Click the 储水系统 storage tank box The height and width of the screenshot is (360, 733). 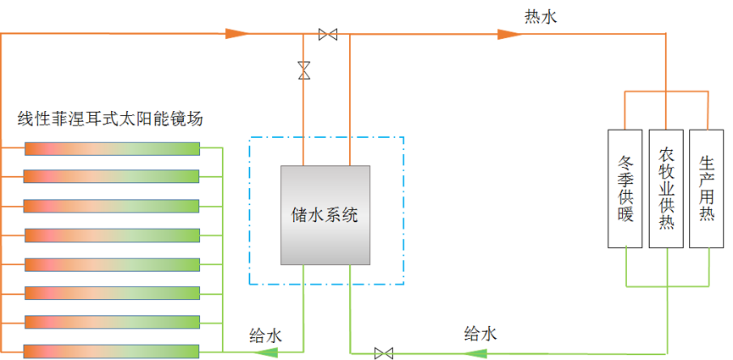[x=326, y=214]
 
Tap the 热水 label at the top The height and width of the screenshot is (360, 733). [x=541, y=16]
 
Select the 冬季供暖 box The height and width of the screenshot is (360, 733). [x=626, y=188]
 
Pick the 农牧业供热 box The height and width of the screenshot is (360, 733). [x=667, y=188]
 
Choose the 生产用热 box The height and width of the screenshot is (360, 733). [x=708, y=188]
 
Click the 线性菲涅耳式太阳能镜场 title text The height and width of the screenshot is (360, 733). [x=110, y=119]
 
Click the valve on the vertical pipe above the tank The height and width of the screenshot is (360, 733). [x=304, y=70]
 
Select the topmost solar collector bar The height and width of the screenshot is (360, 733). [x=111, y=148]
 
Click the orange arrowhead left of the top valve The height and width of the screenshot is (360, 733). [x=238, y=34]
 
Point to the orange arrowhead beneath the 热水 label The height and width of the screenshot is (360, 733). [x=509, y=34]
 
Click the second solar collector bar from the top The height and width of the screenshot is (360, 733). [x=111, y=176]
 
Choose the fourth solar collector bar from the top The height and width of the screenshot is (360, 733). [x=111, y=235]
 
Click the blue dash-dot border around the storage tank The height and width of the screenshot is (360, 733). [x=249, y=212]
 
